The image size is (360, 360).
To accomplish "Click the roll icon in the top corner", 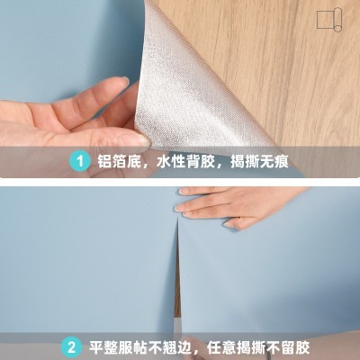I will click(329, 21).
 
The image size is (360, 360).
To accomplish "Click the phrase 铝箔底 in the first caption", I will click(116, 163).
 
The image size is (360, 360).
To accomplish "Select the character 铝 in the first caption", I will click(103, 163).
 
